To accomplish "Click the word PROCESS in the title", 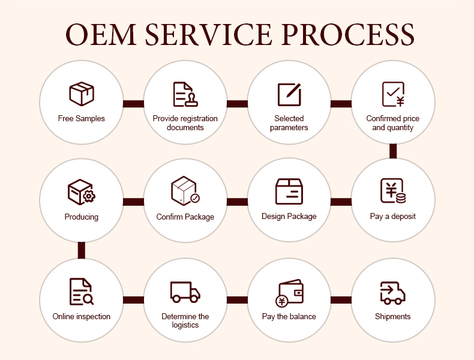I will point(347,34).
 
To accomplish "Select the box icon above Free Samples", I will point(82,94).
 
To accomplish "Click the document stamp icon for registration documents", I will point(185,94).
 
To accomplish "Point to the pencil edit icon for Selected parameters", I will point(289,94).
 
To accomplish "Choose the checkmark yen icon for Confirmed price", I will point(393,94).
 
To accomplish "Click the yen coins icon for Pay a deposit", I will point(393,191).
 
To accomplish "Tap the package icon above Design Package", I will point(289,191).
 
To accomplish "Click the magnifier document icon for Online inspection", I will point(81,291).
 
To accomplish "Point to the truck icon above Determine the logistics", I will point(185,292).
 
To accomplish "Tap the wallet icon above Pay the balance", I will point(289,292).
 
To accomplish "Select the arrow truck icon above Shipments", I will point(393,292).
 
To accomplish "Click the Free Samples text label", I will point(82,119).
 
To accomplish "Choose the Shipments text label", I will point(393,316).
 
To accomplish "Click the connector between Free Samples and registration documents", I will point(133,103).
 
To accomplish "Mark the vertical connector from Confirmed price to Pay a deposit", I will point(393,151).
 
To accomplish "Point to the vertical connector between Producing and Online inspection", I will point(81,250).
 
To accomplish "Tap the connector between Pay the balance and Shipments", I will point(341,299).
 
